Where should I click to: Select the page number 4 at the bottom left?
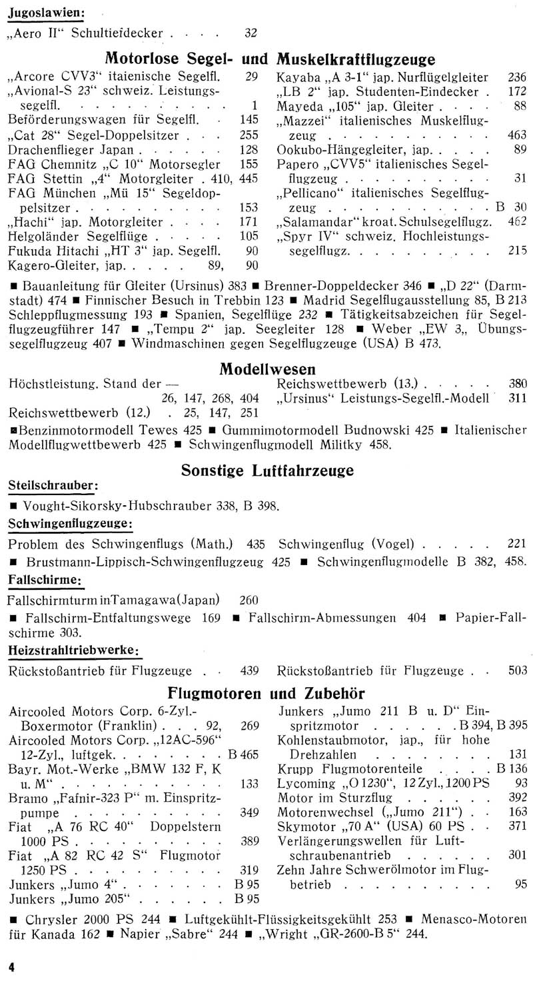click(x=11, y=965)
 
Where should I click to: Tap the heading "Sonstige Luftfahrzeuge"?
click(x=267, y=471)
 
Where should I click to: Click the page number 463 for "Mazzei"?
click(x=516, y=134)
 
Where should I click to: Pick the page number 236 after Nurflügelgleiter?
click(x=516, y=77)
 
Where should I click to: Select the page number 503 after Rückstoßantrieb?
click(x=516, y=670)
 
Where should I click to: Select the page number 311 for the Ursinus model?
click(x=516, y=399)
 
